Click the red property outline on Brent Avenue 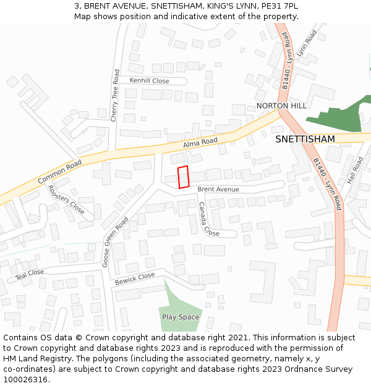pyautogui.click(x=183, y=177)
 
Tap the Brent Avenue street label pyautogui.click(x=218, y=190)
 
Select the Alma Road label pyautogui.click(x=200, y=143)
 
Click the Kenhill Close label pyautogui.click(x=149, y=81)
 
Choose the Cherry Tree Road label pyautogui.click(x=114, y=95)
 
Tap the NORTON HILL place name pyautogui.click(x=281, y=106)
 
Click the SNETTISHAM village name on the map pyautogui.click(x=305, y=139)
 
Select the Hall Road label pyautogui.click(x=355, y=170)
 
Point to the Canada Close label pyautogui.click(x=208, y=219)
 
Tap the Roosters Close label pyautogui.click(x=66, y=199)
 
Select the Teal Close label pyautogui.click(x=30, y=273)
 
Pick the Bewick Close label pyautogui.click(x=134, y=279)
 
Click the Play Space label pyautogui.click(x=181, y=317)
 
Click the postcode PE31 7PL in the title pyautogui.click(x=279, y=6)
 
